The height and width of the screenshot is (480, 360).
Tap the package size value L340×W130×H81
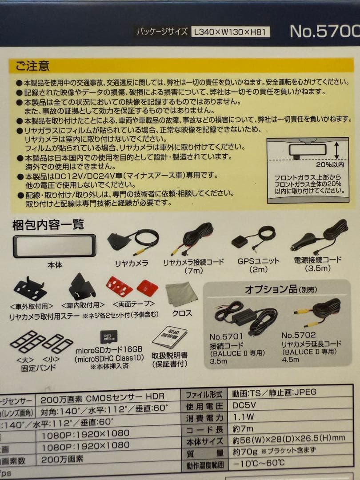click(231, 32)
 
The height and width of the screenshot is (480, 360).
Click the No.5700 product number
click(324, 31)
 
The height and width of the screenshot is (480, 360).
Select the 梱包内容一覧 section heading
click(48, 225)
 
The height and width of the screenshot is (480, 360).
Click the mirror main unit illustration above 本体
click(55, 246)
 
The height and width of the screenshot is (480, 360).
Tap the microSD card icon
click(107, 337)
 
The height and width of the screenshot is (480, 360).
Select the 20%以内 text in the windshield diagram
click(330, 164)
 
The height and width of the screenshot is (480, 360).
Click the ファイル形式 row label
click(203, 394)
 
